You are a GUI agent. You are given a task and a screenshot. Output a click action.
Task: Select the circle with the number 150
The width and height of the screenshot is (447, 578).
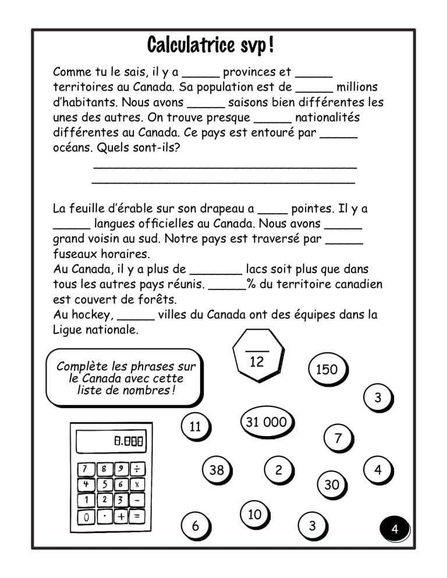pyautogui.click(x=327, y=369)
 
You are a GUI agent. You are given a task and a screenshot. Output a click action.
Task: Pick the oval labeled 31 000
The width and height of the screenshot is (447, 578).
pyautogui.click(x=266, y=422)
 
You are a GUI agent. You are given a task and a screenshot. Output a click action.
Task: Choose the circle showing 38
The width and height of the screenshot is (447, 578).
pyautogui.click(x=216, y=470)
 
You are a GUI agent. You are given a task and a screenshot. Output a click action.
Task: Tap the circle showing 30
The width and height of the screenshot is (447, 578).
pyautogui.click(x=331, y=484)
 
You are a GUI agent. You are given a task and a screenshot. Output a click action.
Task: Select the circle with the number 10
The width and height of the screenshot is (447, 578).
pyautogui.click(x=254, y=514)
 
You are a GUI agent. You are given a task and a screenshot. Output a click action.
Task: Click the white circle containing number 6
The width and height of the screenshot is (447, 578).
pyautogui.click(x=195, y=526)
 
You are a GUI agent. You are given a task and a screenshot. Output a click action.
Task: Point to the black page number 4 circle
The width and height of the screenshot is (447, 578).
pyautogui.click(x=395, y=529)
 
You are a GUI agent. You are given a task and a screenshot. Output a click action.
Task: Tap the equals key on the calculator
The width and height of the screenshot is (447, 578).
pyautogui.click(x=137, y=515)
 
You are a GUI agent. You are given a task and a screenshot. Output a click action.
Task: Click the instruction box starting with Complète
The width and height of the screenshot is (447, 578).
pyautogui.click(x=125, y=378)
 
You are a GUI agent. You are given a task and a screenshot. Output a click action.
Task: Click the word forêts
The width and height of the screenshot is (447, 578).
pyautogui.click(x=158, y=300)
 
